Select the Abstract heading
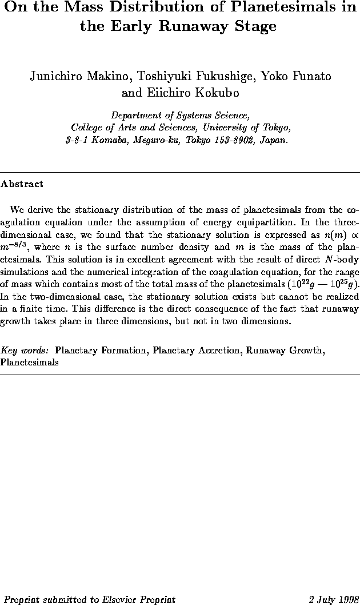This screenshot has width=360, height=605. (22, 185)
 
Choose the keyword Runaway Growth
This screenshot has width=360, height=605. (287, 349)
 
